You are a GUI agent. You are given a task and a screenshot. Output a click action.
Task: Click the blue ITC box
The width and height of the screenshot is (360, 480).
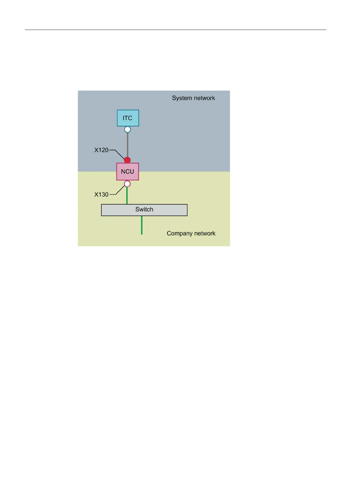[x=128, y=118]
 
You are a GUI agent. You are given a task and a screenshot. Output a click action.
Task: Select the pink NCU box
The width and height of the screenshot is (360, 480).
[x=128, y=171]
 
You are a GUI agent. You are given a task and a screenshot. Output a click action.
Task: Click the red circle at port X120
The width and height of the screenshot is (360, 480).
[x=127, y=160]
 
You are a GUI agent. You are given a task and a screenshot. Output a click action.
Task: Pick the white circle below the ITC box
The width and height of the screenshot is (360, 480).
[x=128, y=129]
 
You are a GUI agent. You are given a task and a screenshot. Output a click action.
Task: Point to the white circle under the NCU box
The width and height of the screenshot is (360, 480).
[x=127, y=184]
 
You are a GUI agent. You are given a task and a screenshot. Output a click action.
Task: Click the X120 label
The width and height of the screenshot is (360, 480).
[x=101, y=150]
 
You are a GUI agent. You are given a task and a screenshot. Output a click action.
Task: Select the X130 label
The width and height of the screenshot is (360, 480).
[x=101, y=194]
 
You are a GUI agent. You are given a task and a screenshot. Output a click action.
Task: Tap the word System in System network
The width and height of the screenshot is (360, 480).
[x=182, y=98]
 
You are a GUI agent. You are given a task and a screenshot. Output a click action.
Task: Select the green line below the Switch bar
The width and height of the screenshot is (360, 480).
[x=142, y=225]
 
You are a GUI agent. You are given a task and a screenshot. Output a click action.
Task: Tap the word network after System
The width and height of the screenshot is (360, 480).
[x=204, y=98]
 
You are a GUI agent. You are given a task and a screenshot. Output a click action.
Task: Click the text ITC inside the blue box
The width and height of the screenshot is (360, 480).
[x=128, y=118]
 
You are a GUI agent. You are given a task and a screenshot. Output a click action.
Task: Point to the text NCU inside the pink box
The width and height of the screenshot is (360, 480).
[x=128, y=171]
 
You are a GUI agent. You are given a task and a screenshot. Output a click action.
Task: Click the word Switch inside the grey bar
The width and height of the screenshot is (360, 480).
[x=144, y=209]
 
